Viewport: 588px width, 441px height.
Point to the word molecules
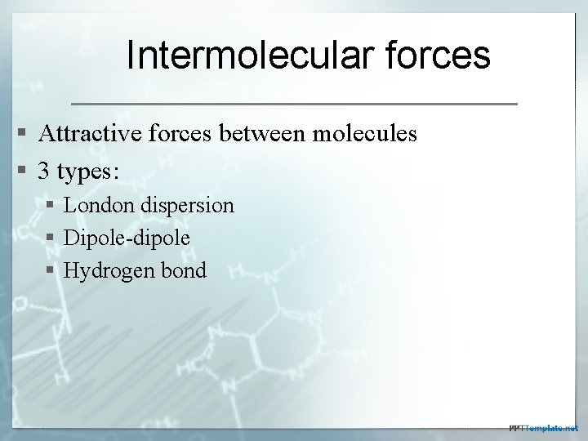click(x=367, y=133)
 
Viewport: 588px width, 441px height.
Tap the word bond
click(x=185, y=270)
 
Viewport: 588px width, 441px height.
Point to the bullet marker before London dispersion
click(x=51, y=205)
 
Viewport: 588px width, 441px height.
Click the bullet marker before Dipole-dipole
click(x=51, y=238)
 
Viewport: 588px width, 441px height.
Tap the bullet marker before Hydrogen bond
click(x=51, y=271)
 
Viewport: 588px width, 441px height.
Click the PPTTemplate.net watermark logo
click(x=542, y=427)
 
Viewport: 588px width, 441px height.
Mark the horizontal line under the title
click(x=295, y=105)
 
